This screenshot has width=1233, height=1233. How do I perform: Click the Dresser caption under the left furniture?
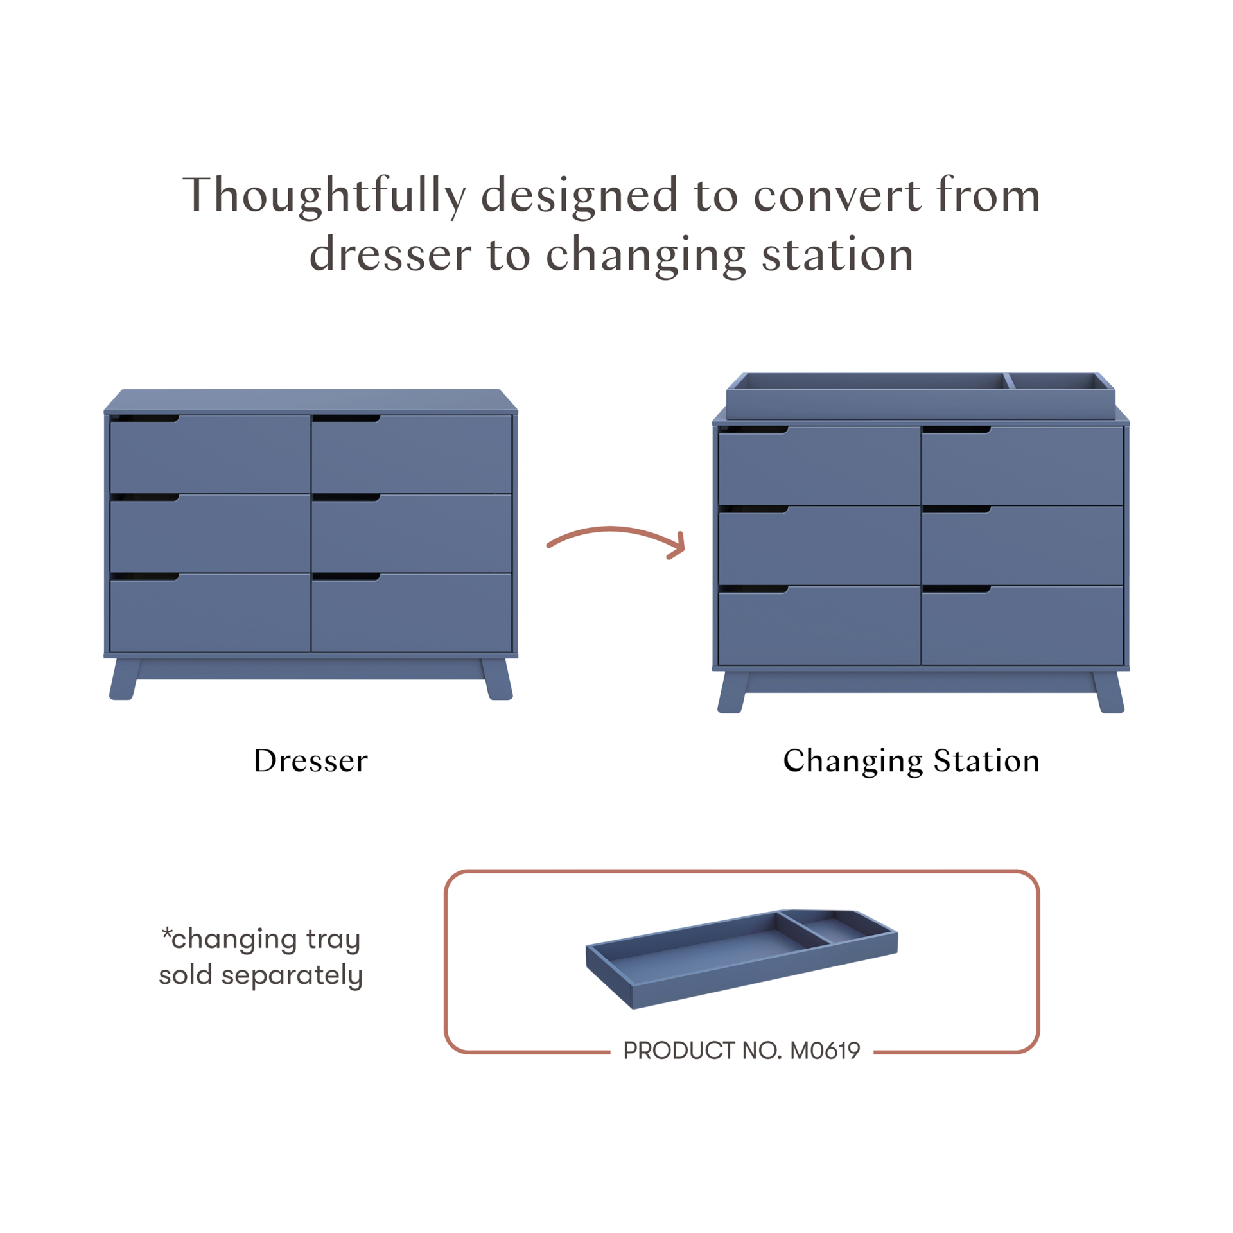click(x=311, y=762)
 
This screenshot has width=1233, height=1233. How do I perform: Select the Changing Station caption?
click(x=911, y=762)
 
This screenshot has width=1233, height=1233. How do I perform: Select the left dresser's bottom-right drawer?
click(x=411, y=613)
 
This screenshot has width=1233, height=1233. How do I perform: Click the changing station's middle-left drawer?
click(x=819, y=546)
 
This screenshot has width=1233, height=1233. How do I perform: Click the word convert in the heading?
click(x=832, y=196)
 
